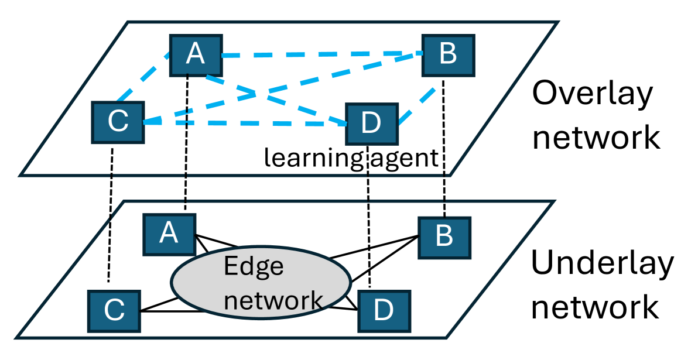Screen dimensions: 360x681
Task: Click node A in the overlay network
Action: (x=195, y=55)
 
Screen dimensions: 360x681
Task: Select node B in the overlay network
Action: (x=448, y=54)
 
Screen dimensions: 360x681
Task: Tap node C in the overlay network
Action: (x=118, y=122)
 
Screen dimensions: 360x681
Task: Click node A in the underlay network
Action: (x=170, y=234)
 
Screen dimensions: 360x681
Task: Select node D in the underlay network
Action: (x=384, y=312)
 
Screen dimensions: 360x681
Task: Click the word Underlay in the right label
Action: (x=601, y=264)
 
